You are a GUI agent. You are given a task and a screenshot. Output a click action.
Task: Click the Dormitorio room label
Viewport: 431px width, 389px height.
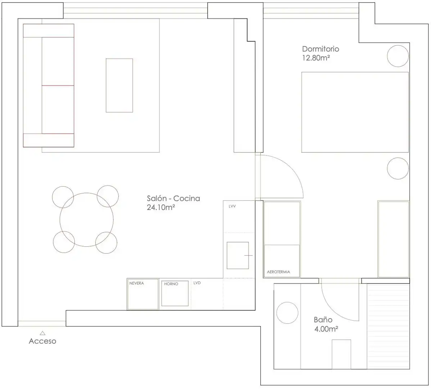321,49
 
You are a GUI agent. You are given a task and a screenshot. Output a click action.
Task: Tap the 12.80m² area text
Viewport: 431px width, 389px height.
316,58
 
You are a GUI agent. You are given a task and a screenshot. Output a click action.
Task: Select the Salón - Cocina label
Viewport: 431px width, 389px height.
173,198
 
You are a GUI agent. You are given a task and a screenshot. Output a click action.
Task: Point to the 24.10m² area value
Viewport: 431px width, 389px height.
161,207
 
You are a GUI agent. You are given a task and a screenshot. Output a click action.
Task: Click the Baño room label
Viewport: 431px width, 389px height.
323,320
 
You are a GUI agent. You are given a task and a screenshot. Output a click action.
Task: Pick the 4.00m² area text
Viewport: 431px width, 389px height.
326,329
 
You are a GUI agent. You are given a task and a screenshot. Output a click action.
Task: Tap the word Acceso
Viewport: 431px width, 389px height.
42,341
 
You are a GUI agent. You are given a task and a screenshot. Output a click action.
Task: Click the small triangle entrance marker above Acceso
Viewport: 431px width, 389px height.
42,333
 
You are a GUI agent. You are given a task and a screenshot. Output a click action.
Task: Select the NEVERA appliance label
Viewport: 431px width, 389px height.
137,283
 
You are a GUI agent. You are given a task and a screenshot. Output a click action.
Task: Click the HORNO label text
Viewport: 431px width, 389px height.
171,284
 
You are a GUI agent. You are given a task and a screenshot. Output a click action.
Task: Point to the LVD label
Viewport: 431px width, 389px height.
197,283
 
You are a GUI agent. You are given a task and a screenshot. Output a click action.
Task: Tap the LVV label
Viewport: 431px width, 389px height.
232,206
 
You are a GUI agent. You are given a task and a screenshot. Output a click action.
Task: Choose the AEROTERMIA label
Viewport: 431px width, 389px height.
278,272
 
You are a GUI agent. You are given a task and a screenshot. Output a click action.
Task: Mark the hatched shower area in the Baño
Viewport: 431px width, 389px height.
389,326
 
